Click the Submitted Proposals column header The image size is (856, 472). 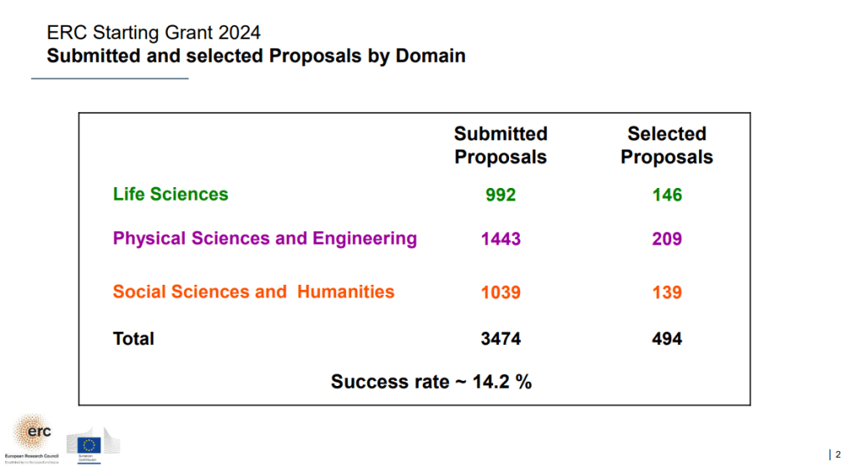pos(501,145)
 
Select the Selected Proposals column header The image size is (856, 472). pos(666,145)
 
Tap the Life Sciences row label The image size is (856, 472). pos(171,195)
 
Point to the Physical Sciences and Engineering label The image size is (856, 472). pos(265,238)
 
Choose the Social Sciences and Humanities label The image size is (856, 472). pos(253,292)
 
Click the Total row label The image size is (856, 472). pos(134,338)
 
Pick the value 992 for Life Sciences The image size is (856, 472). pos(501,195)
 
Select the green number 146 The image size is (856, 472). pos(667,195)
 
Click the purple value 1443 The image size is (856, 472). pos(501,239)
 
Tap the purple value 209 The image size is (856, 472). pos(667,239)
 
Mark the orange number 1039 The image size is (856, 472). pos(501,292)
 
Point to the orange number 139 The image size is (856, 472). pos(667,292)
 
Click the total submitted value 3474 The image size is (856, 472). pos(501,339)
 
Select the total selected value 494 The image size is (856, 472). pos(667,339)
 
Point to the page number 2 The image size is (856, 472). pos(838,454)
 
